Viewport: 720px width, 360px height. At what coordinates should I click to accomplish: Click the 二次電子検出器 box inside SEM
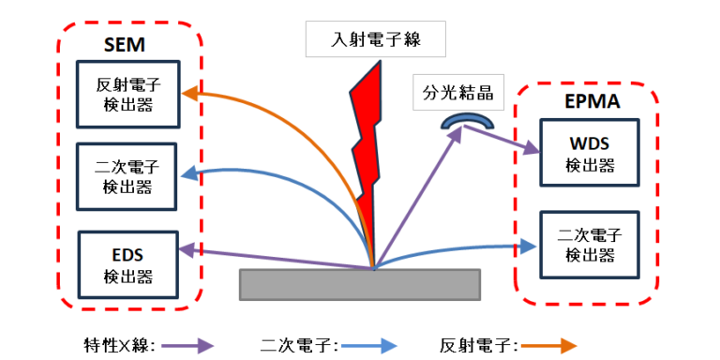point(128,171)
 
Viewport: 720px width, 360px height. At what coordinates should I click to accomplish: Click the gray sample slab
point(361,284)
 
